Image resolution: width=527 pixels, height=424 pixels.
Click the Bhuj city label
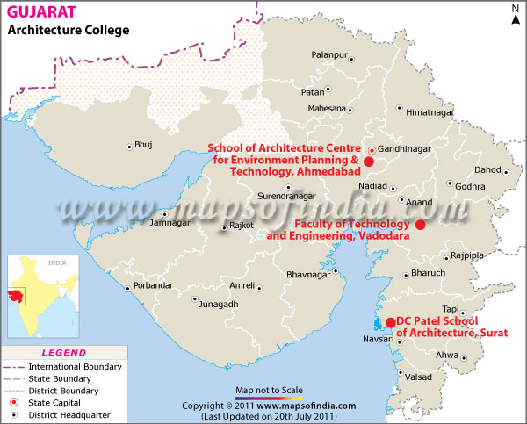[143, 145]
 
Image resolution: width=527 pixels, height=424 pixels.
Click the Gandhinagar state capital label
[405, 150]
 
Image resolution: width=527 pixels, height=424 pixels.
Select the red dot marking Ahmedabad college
[369, 162]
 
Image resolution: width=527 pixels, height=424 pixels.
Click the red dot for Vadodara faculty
[420, 225]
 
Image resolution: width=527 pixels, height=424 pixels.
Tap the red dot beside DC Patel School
[390, 322]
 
